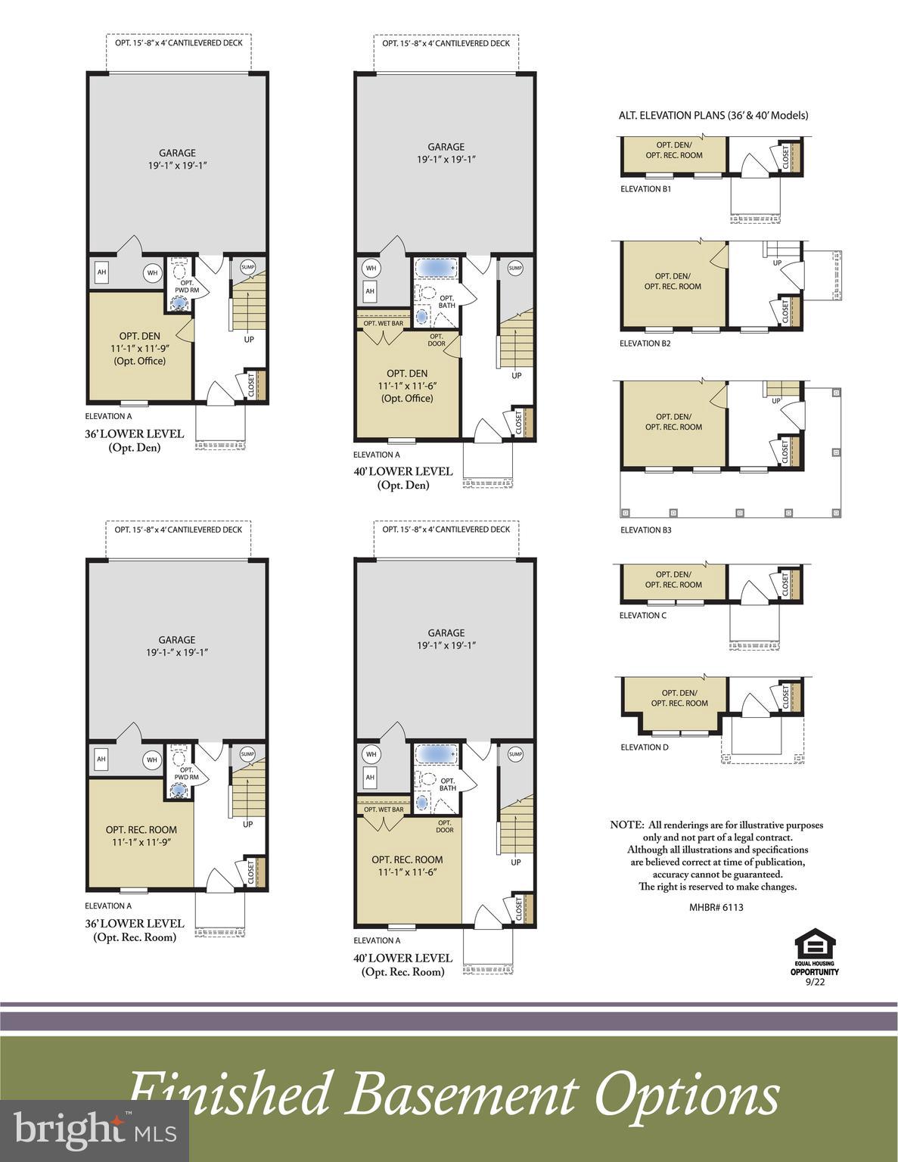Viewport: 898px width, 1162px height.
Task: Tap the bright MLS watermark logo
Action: pyautogui.click(x=94, y=1131)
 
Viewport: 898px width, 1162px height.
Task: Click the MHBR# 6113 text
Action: pyautogui.click(x=716, y=906)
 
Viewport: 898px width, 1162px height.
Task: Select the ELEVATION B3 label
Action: pyautogui.click(x=645, y=530)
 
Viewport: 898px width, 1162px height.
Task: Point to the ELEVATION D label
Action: pyautogui.click(x=644, y=747)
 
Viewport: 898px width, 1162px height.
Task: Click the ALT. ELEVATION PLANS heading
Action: pyautogui.click(x=713, y=116)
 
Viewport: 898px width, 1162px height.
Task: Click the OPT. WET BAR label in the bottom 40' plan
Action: pyautogui.click(x=384, y=809)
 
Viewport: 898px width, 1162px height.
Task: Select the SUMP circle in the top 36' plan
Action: pyautogui.click(x=248, y=266)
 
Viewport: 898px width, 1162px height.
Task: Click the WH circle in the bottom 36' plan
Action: pyautogui.click(x=152, y=760)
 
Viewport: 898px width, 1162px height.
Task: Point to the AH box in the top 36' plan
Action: pyautogui.click(x=101, y=272)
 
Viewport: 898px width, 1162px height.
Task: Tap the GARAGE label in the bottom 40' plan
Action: pyautogui.click(x=446, y=632)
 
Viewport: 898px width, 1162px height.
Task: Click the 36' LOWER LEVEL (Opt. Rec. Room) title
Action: pyautogui.click(x=134, y=930)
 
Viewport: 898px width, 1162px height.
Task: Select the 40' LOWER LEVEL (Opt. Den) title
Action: pyautogui.click(x=403, y=477)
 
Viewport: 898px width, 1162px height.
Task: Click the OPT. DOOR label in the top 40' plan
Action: pyautogui.click(x=437, y=340)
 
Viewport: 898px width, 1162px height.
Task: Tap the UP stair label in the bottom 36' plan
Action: pyautogui.click(x=248, y=824)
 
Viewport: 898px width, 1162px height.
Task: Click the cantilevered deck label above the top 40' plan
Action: pyautogui.click(x=446, y=43)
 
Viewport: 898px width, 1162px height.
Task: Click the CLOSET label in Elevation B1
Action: pyautogui.click(x=785, y=157)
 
